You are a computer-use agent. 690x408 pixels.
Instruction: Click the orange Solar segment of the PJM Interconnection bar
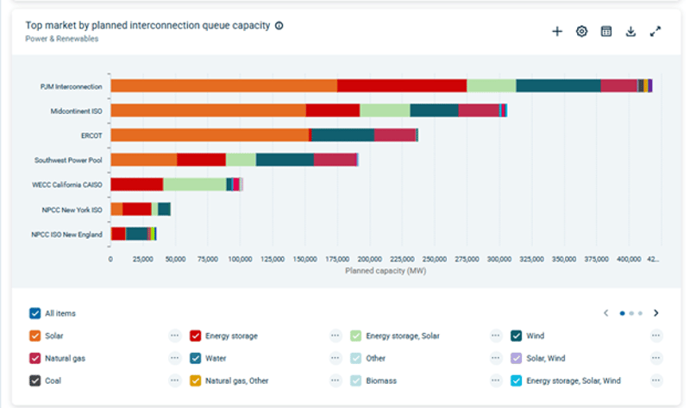click(x=224, y=85)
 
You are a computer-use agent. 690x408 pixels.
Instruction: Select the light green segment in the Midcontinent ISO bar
click(x=385, y=110)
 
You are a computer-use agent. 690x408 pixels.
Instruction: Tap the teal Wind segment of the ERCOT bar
click(x=342, y=135)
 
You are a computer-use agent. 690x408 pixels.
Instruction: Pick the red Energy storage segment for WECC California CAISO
click(x=137, y=185)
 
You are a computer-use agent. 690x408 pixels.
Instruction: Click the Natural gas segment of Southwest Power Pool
click(x=336, y=160)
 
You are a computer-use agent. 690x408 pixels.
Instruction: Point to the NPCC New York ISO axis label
click(x=72, y=210)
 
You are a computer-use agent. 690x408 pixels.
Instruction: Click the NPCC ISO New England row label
click(x=67, y=235)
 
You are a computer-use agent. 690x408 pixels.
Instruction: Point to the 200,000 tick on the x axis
click(x=370, y=260)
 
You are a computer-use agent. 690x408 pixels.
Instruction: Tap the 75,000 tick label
click(x=208, y=260)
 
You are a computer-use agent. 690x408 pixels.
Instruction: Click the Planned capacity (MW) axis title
click(x=386, y=271)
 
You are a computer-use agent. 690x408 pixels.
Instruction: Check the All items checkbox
click(x=35, y=313)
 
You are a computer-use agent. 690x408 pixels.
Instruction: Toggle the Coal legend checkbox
click(x=35, y=380)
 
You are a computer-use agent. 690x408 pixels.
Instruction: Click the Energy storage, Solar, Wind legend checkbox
click(x=516, y=380)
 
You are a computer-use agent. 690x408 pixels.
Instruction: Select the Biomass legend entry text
click(x=381, y=380)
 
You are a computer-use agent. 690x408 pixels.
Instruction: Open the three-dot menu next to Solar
click(x=175, y=336)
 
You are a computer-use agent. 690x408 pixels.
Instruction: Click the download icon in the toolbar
click(x=630, y=31)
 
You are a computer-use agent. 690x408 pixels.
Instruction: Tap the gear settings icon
click(x=581, y=31)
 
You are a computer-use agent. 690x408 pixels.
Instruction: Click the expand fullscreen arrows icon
click(x=655, y=31)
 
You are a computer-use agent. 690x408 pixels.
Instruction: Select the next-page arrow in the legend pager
click(x=656, y=313)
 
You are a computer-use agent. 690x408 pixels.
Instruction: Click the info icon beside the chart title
click(x=279, y=26)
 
